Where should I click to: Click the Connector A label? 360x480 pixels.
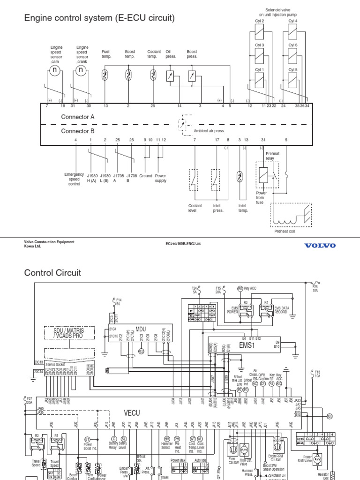tap(78, 116)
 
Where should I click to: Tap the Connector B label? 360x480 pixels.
tap(78, 131)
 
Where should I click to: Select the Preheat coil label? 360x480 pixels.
tap(285, 231)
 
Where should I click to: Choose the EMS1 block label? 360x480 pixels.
tap(245, 345)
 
